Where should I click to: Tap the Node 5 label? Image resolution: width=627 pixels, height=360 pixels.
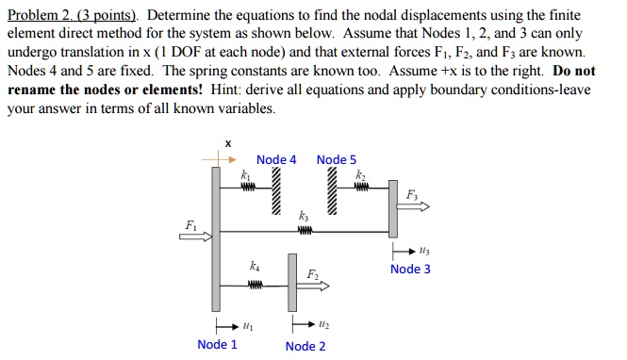click(337, 159)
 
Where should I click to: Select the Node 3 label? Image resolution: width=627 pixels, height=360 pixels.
click(410, 270)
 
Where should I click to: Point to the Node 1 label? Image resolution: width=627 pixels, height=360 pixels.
click(217, 344)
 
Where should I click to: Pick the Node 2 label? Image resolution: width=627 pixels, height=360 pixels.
click(305, 346)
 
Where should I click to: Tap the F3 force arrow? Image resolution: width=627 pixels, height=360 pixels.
click(419, 206)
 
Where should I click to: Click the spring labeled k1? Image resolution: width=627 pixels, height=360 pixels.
click(249, 186)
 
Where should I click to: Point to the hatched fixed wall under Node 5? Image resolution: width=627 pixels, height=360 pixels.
click(333, 192)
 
